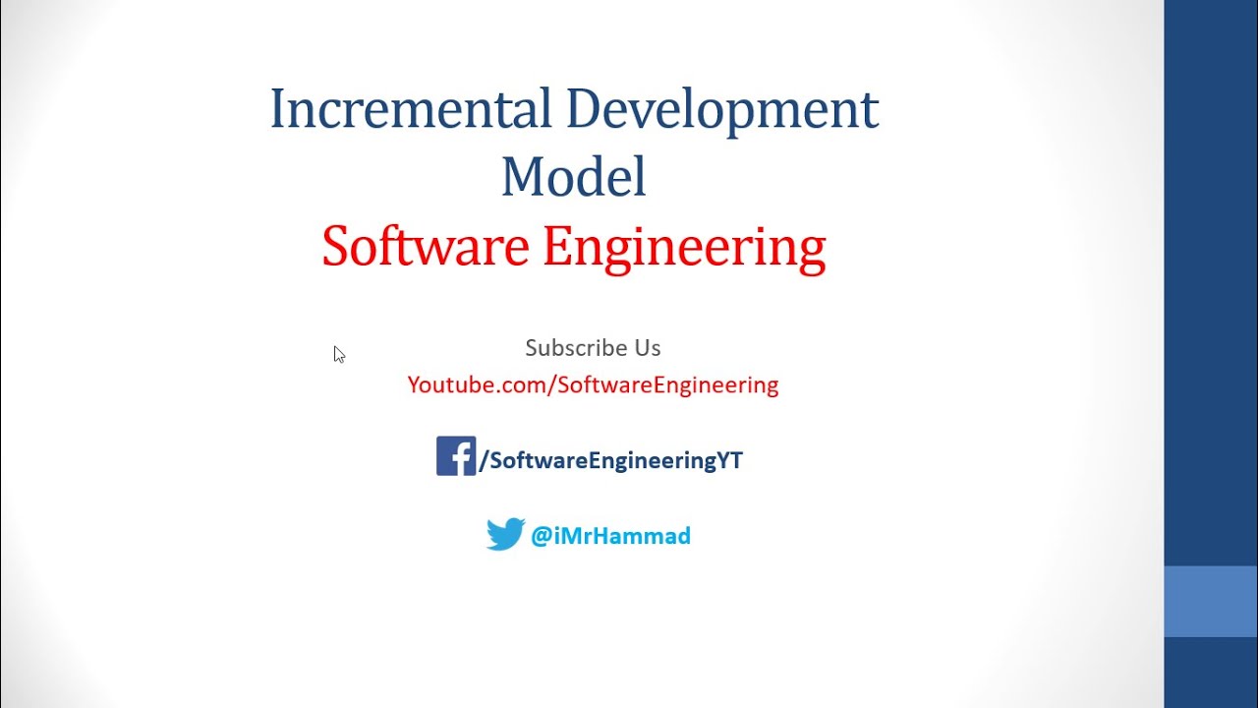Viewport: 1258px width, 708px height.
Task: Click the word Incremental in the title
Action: pos(411,109)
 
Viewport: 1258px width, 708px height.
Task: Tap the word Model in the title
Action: pos(573,178)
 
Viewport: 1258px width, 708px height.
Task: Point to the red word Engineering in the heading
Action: pos(684,248)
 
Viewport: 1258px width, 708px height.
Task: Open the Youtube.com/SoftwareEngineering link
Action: pos(593,384)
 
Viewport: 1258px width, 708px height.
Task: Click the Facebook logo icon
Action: pos(456,456)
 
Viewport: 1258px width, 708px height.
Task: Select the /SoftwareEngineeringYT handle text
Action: pos(610,460)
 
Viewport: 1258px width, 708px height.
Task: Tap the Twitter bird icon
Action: pos(505,535)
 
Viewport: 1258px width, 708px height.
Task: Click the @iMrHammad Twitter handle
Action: pos(610,536)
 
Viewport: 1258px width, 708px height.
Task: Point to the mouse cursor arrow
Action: pos(338,354)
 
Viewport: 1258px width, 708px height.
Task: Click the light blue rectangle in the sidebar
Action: pos(1211,601)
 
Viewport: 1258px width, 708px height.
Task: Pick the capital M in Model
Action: pos(521,178)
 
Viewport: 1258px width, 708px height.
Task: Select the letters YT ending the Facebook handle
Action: pos(730,460)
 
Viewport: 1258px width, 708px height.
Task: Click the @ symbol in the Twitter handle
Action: pos(541,537)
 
